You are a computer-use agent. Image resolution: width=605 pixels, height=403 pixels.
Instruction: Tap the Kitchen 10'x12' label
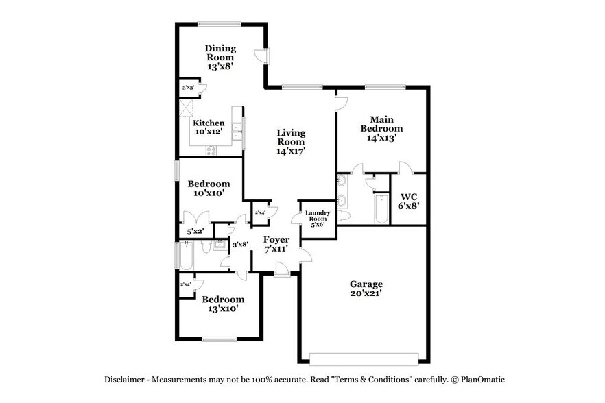(208, 127)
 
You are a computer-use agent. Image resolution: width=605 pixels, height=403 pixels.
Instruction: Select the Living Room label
(291, 141)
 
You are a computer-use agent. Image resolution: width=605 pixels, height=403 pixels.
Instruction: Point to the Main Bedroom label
(382, 127)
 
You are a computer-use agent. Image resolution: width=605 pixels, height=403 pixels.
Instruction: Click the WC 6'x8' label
(409, 200)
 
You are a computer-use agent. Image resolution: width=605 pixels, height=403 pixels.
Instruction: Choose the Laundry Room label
(318, 219)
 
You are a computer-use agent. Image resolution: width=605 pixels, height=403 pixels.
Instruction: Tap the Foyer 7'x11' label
(276, 244)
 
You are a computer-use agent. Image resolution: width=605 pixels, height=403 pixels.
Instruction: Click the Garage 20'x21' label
(366, 289)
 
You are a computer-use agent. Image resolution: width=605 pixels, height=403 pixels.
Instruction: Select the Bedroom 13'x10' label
(222, 304)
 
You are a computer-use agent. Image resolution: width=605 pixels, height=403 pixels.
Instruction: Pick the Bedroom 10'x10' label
(209, 188)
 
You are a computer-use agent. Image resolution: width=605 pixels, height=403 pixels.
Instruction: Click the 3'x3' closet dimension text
(188, 88)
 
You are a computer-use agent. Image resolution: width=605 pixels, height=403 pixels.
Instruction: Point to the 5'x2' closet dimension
(196, 232)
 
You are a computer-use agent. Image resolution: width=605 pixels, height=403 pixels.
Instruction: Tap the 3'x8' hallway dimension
(240, 245)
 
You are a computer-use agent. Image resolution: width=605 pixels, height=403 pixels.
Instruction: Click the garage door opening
(364, 358)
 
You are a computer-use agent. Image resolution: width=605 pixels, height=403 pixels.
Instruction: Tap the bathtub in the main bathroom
(381, 210)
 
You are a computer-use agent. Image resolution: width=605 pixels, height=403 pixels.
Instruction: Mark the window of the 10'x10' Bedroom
(176, 169)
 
